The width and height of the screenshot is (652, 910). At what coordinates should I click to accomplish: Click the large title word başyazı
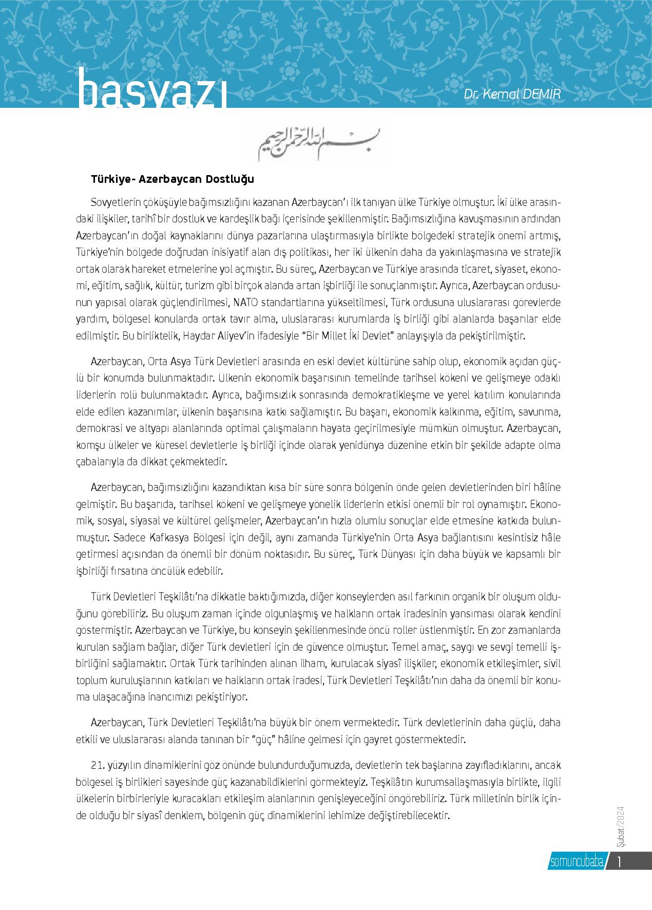pyautogui.click(x=152, y=93)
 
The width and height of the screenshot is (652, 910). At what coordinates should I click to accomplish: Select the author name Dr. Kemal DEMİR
pyautogui.click(x=519, y=94)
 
